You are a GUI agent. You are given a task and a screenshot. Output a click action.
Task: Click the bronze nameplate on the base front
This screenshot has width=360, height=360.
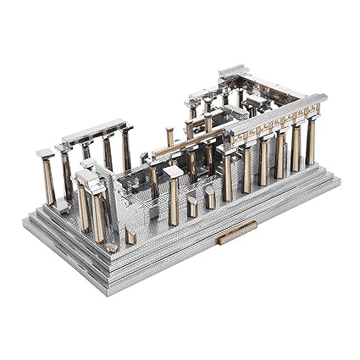click(x=236, y=232)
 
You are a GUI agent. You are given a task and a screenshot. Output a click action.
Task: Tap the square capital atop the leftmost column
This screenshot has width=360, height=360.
click(x=44, y=154)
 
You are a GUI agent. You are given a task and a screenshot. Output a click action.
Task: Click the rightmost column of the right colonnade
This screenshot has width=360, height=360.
click(x=311, y=141)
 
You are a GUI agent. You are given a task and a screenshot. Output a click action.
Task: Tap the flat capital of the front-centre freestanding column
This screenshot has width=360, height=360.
click(x=174, y=172)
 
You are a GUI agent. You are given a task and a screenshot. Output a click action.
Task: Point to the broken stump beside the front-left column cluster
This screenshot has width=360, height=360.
click(x=130, y=235)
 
